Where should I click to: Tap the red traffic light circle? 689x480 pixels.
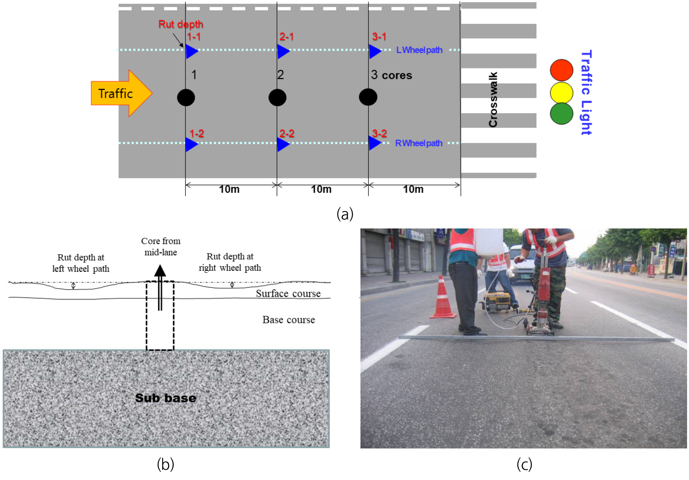561,70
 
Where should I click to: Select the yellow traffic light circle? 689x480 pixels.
561,92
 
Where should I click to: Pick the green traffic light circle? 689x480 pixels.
561,113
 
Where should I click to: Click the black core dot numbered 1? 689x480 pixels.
186,97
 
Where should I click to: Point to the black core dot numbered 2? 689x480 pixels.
277,97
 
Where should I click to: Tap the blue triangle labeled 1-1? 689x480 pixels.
191,51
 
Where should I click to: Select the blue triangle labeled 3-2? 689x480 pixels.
374,143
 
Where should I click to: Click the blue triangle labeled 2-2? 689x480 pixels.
283,144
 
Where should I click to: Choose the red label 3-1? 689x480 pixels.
379,37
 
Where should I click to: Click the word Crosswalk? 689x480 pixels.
493,100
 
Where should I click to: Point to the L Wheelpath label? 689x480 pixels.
419,50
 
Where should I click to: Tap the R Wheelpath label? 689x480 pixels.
419,143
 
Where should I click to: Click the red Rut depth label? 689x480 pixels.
181,24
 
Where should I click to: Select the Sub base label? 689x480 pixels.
166,398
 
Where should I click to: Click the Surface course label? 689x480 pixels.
288,293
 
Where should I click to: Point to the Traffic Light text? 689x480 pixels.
586,92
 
